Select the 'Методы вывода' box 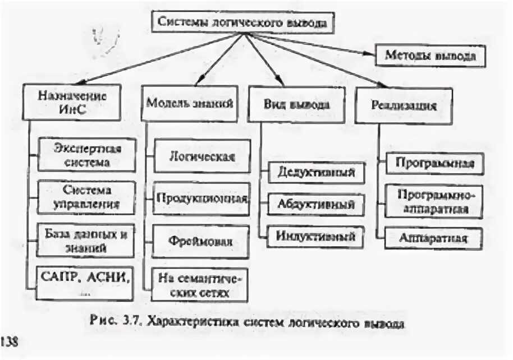click(430, 56)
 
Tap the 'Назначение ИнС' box click(71, 102)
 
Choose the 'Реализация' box click(404, 105)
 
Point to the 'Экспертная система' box click(87, 155)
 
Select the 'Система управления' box click(87, 197)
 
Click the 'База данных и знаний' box click(87, 239)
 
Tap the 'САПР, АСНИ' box click(87, 278)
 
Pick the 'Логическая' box click(201, 155)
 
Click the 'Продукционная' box click(201, 198)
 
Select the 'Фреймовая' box click(201, 240)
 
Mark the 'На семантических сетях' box click(201, 284)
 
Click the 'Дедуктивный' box click(316, 172)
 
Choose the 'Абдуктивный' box click(316, 205)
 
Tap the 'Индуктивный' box click(316, 236)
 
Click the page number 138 click(10, 341)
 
